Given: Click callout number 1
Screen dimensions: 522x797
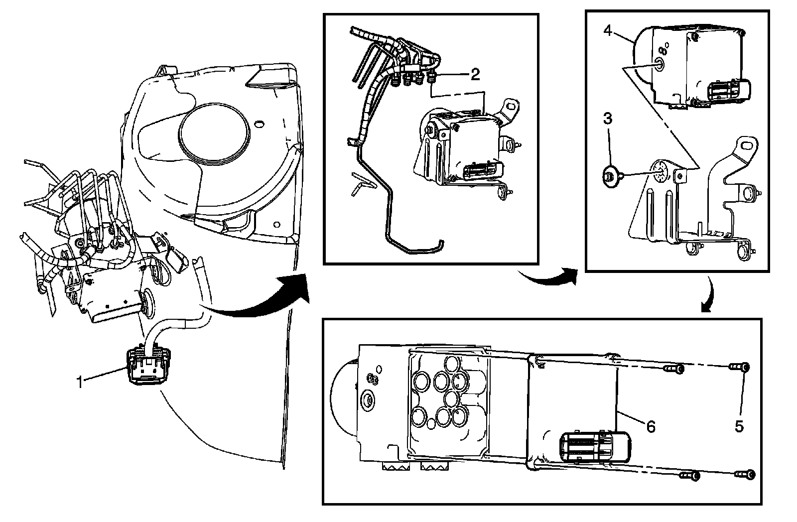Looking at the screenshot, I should click(79, 382).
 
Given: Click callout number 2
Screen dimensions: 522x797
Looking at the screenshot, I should click(475, 75).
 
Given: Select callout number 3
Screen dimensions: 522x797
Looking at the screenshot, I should click(608, 119).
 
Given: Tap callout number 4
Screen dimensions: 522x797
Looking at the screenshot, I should click(608, 30).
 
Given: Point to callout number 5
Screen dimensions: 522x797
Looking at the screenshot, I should click(739, 426).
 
